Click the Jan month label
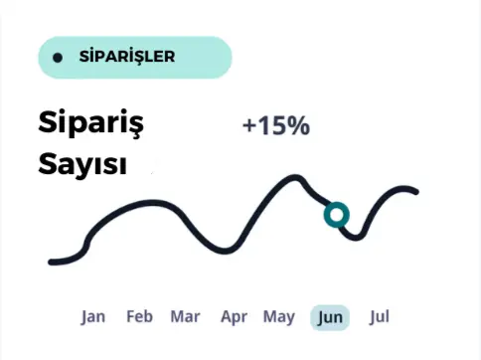coord(93,317)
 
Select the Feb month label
coord(139,317)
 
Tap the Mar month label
coord(185,317)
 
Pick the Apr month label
coord(234,317)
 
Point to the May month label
coord(279,317)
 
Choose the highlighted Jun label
coord(331,318)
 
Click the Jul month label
coord(379,317)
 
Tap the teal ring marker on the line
coord(336,215)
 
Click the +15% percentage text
coord(275,126)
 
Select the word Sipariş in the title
coord(91,124)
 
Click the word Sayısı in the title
coord(82,164)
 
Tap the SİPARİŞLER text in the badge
coord(126,57)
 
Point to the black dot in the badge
coord(58,58)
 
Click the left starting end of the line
coord(52,262)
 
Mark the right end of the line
coord(414,191)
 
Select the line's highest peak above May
coord(294,178)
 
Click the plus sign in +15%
coord(248,126)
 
